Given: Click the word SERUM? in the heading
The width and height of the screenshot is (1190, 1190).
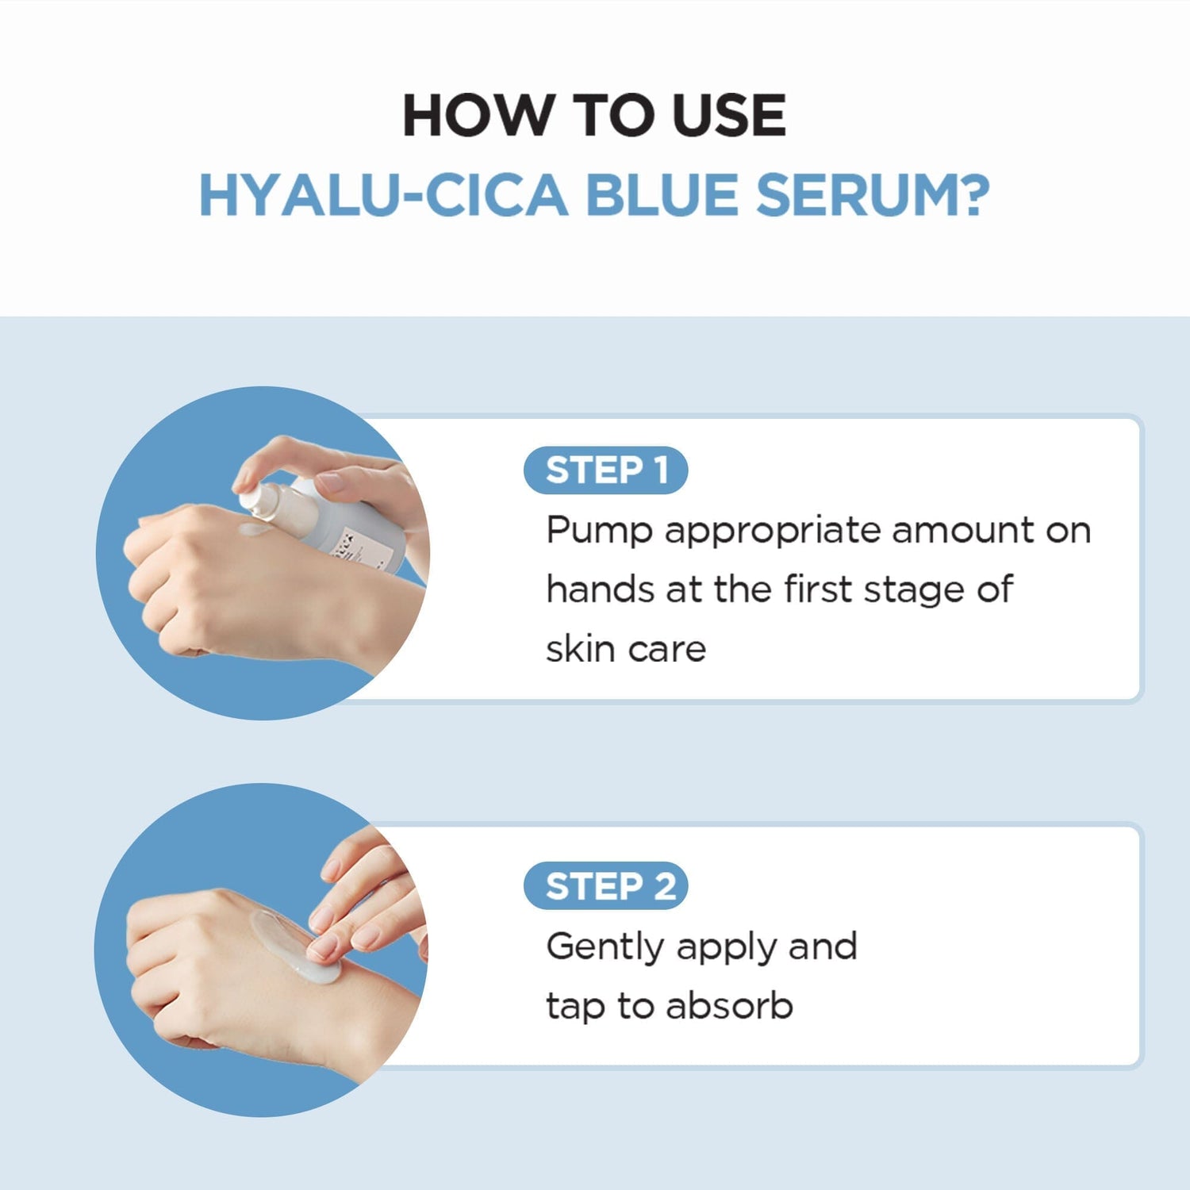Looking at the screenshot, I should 873,195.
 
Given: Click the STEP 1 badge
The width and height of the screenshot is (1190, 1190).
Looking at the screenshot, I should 605,470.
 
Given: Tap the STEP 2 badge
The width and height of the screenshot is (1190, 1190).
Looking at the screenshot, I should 605,886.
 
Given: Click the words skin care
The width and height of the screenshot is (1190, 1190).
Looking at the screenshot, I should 626,649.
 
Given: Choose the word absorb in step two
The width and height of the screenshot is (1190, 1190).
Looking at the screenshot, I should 729,1006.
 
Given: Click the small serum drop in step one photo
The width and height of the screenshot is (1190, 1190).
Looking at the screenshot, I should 255,529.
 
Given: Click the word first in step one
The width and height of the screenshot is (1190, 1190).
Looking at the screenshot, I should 817,589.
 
